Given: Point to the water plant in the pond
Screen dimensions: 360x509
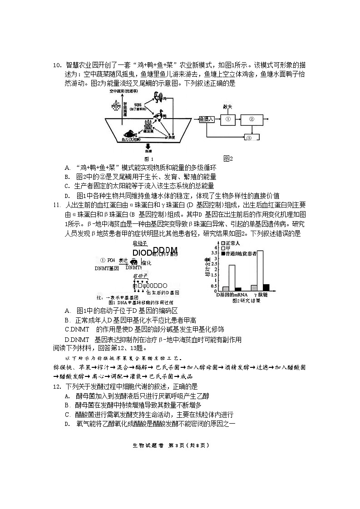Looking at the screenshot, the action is pyautogui.click(x=148, y=125).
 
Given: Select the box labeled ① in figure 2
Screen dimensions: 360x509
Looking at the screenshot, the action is pyautogui.click(x=228, y=119).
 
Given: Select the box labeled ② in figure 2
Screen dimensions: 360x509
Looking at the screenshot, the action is pyautogui.click(x=251, y=119).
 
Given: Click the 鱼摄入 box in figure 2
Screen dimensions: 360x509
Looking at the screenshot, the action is pyautogui.click(x=207, y=119).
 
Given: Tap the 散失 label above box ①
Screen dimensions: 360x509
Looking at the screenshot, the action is pyautogui.click(x=227, y=107).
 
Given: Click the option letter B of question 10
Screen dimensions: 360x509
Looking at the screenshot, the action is pyautogui.click(x=67, y=177).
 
